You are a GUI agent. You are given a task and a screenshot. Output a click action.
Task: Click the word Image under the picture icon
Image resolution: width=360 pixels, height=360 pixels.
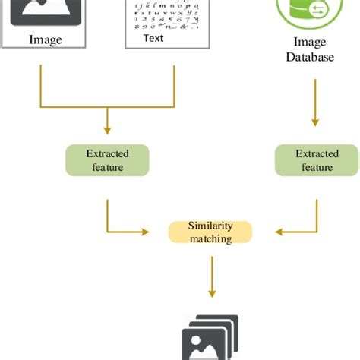pyautogui.click(x=45, y=39)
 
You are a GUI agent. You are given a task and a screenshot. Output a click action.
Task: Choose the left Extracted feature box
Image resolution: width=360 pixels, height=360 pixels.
pyautogui.click(x=107, y=160)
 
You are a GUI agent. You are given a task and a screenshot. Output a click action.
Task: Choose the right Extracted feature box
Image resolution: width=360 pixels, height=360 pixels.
pyautogui.click(x=314, y=160)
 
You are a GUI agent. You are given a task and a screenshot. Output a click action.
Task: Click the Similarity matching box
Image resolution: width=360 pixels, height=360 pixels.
pyautogui.click(x=210, y=232)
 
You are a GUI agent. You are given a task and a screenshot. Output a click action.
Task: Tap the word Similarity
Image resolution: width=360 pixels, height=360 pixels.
pyautogui.click(x=210, y=226)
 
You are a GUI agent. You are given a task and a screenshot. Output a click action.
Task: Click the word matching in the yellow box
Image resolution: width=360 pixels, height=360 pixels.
pyautogui.click(x=210, y=238)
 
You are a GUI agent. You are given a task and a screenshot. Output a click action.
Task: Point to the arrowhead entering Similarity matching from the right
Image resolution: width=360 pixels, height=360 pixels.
pyautogui.click(x=262, y=232)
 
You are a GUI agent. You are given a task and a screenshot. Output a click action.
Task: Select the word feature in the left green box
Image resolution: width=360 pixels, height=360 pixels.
pyautogui.click(x=107, y=167)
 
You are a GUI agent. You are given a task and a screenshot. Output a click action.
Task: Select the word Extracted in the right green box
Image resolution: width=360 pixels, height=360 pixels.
pyautogui.click(x=314, y=154)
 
